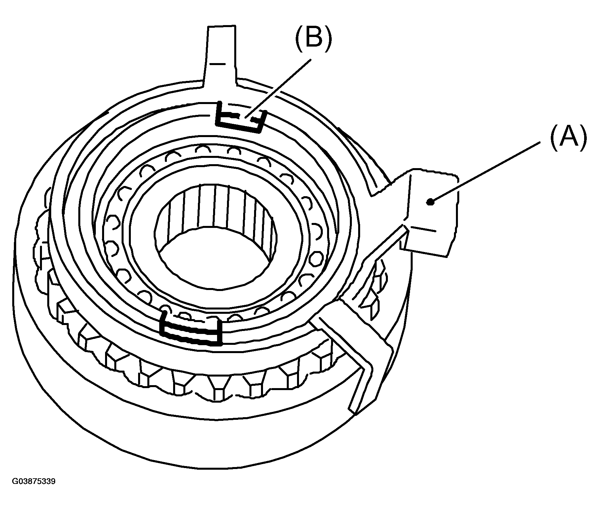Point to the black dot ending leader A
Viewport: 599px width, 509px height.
pos(430,202)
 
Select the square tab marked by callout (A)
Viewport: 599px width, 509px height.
pos(430,211)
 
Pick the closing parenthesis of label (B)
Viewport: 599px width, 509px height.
pos(327,39)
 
